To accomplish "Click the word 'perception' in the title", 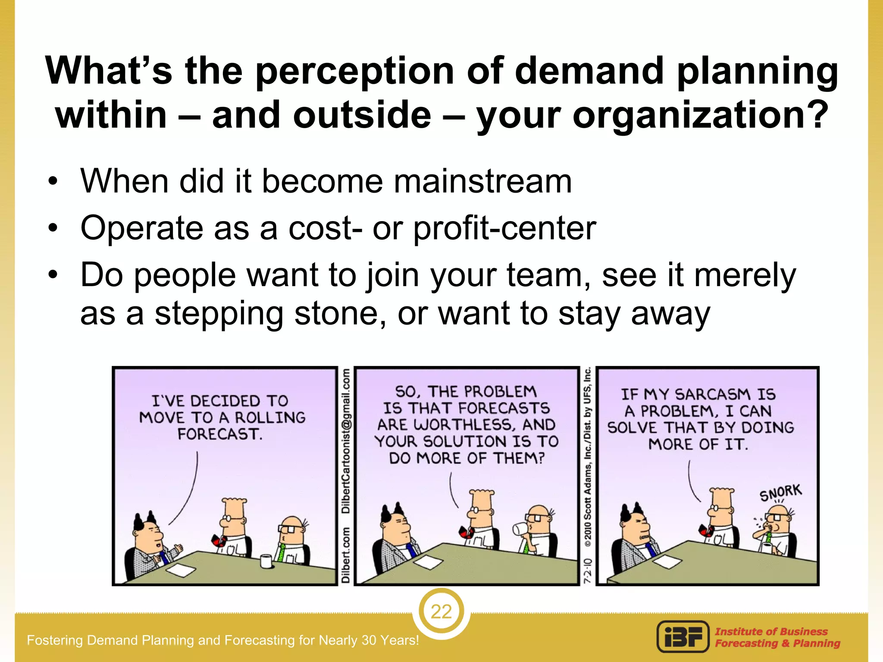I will pyautogui.click(x=355, y=71).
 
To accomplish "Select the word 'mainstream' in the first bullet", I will pyautogui.click(x=482, y=181).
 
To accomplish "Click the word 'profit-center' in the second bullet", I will pyautogui.click(x=505, y=228).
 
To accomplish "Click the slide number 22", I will pyautogui.click(x=441, y=612).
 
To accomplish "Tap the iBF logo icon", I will pyautogui.click(x=683, y=637).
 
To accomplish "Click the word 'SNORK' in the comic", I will pyautogui.click(x=780, y=492).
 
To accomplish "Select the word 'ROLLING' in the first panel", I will pyautogui.click(x=270, y=418).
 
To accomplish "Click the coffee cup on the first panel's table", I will pyautogui.click(x=266, y=561).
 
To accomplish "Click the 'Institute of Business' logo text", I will pyautogui.click(x=771, y=631).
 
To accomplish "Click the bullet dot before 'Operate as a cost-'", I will pyautogui.click(x=53, y=228).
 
